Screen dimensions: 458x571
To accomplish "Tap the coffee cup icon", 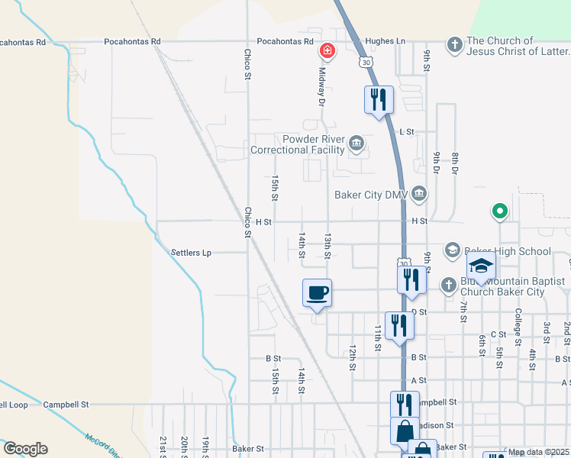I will point(318,292).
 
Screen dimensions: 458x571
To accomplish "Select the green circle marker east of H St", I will point(499,211).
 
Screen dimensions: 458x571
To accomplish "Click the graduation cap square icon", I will point(481,266).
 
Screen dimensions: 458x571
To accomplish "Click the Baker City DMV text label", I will point(372,195).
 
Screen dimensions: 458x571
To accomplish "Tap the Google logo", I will point(25,449).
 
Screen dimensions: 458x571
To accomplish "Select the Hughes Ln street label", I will point(386,41).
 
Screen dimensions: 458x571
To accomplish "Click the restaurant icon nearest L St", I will point(378,98).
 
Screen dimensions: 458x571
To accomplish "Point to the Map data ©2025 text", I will point(537,452).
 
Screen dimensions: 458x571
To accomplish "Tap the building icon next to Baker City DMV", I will point(418,195).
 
